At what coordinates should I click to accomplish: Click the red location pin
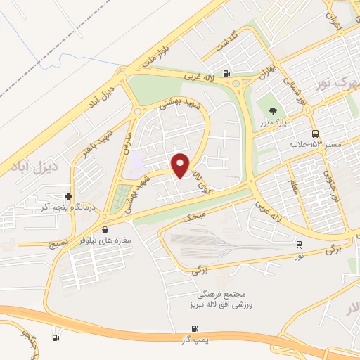(x=181, y=165)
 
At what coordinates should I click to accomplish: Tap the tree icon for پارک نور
(x=272, y=110)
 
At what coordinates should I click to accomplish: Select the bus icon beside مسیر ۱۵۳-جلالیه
(x=314, y=134)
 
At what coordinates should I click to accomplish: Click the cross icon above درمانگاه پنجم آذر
(x=68, y=196)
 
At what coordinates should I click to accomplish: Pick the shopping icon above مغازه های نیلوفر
(x=105, y=229)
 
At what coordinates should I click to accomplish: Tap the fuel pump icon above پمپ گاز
(x=195, y=329)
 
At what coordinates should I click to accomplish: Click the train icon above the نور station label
(x=300, y=245)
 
